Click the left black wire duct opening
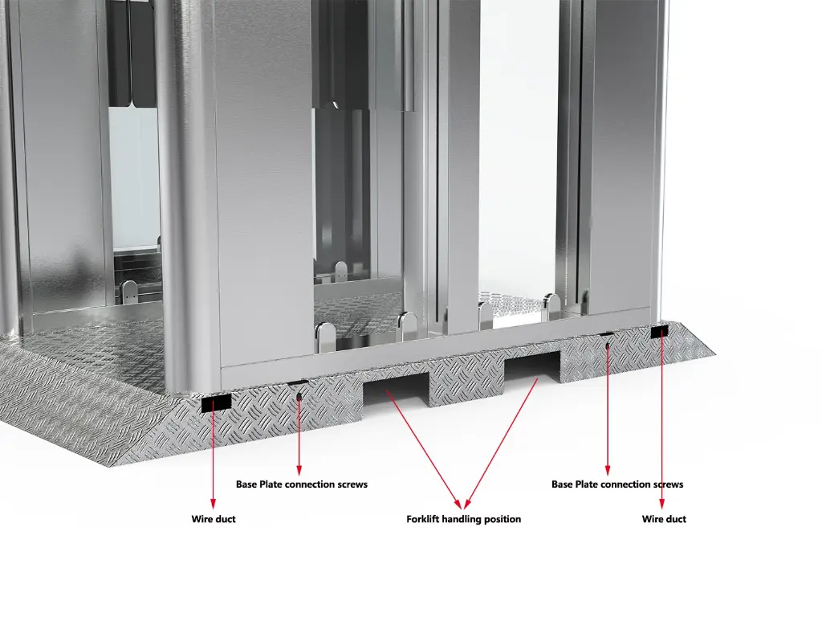click(217, 403)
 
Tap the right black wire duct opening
click(660, 332)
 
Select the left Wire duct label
click(214, 519)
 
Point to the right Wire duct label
click(664, 519)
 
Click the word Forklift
click(422, 519)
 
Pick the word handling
click(462, 520)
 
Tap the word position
click(503, 520)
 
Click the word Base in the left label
click(246, 484)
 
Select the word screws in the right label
click(668, 484)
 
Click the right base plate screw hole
click(607, 345)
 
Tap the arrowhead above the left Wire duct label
click(213, 504)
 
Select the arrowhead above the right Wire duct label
click(661, 504)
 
